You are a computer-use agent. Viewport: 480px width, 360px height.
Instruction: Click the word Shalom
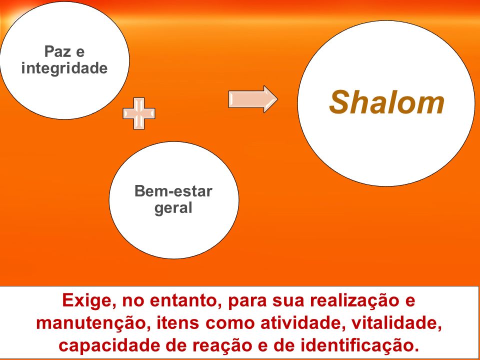pos(386,102)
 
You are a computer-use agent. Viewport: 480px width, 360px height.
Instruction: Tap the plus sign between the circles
pos(139,113)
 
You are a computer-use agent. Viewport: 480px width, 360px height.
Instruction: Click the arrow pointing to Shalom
pos(253,99)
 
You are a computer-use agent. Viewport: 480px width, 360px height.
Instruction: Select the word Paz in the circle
pos(57,51)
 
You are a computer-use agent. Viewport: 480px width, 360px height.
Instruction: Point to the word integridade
pos(64,67)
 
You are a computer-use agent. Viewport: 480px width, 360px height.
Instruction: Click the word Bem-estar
pos(173,191)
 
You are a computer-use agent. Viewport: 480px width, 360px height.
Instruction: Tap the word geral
pos(173,208)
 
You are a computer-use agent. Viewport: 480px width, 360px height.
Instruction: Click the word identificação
pos(359,346)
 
